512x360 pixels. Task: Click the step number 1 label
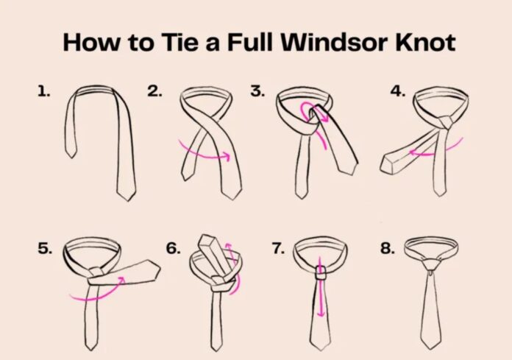tap(44, 91)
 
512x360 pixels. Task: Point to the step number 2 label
tap(154, 91)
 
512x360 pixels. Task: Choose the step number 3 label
tap(257, 91)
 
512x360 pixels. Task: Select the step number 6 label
tap(173, 248)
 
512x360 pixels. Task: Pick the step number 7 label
tap(278, 248)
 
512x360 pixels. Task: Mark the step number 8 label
tap(388, 248)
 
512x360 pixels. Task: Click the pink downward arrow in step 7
tap(321, 294)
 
